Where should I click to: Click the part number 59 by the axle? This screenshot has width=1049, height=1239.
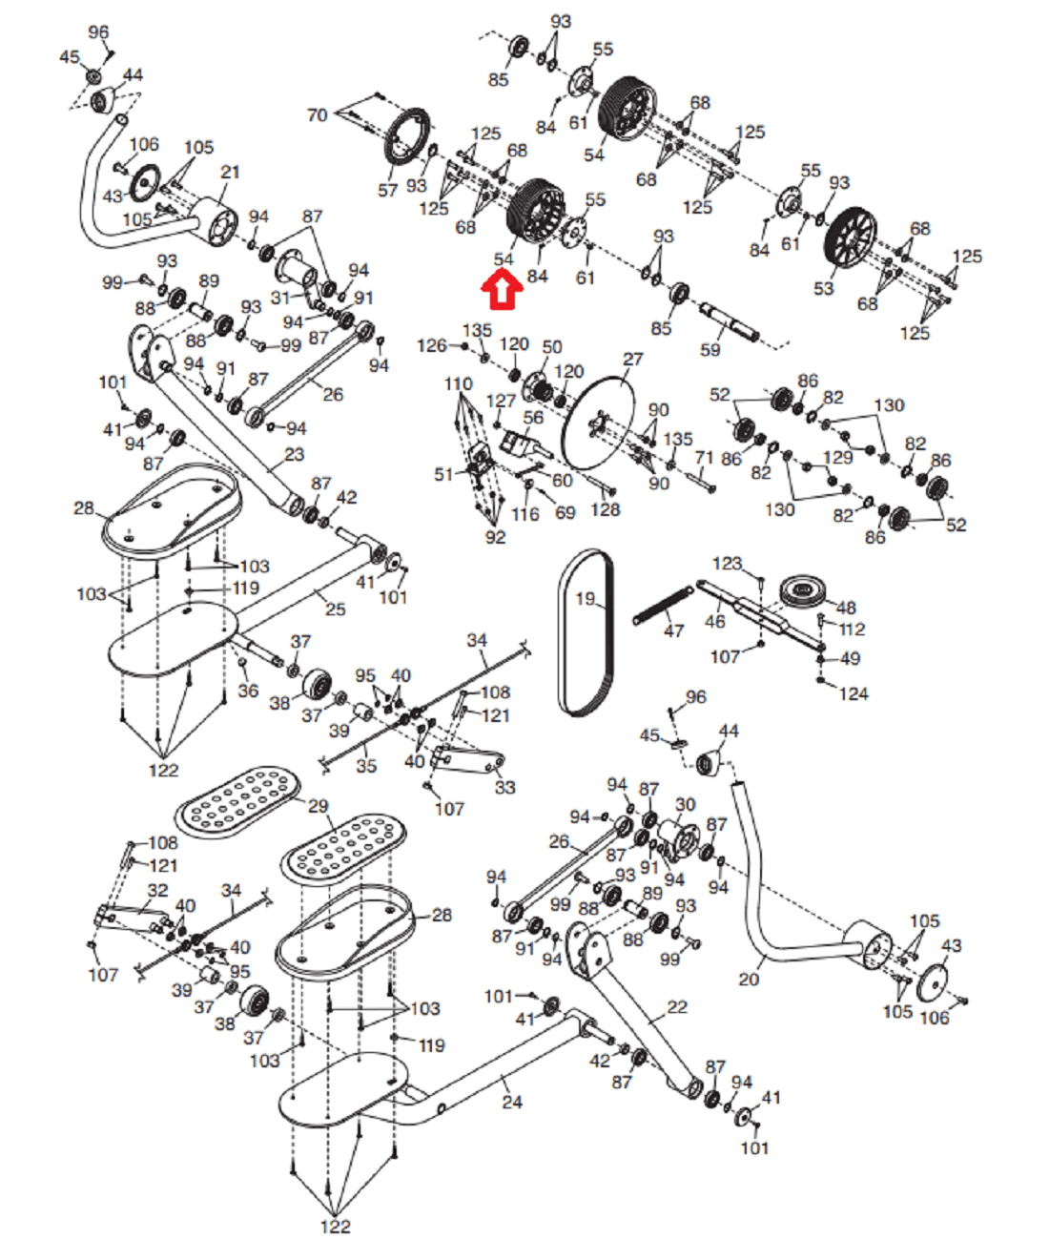coord(710,349)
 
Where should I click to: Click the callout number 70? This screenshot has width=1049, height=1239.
coord(318,115)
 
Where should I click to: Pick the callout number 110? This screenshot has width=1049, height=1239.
coord(458,383)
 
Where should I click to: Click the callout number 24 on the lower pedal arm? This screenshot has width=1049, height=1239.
coord(512,1102)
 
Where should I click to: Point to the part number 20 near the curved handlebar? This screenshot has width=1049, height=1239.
coord(750,979)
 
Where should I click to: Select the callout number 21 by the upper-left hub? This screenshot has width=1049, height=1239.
coord(230,172)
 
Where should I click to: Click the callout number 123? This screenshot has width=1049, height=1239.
coord(728,563)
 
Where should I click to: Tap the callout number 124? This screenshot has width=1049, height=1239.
coord(853,693)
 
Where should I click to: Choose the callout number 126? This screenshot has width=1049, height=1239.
coord(432,345)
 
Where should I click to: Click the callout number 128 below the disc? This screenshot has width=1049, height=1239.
coord(605,509)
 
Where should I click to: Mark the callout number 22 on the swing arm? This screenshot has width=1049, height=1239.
coord(677,1006)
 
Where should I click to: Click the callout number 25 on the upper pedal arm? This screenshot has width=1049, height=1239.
coord(335,609)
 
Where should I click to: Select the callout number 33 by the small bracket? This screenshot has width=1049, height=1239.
coord(504,787)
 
